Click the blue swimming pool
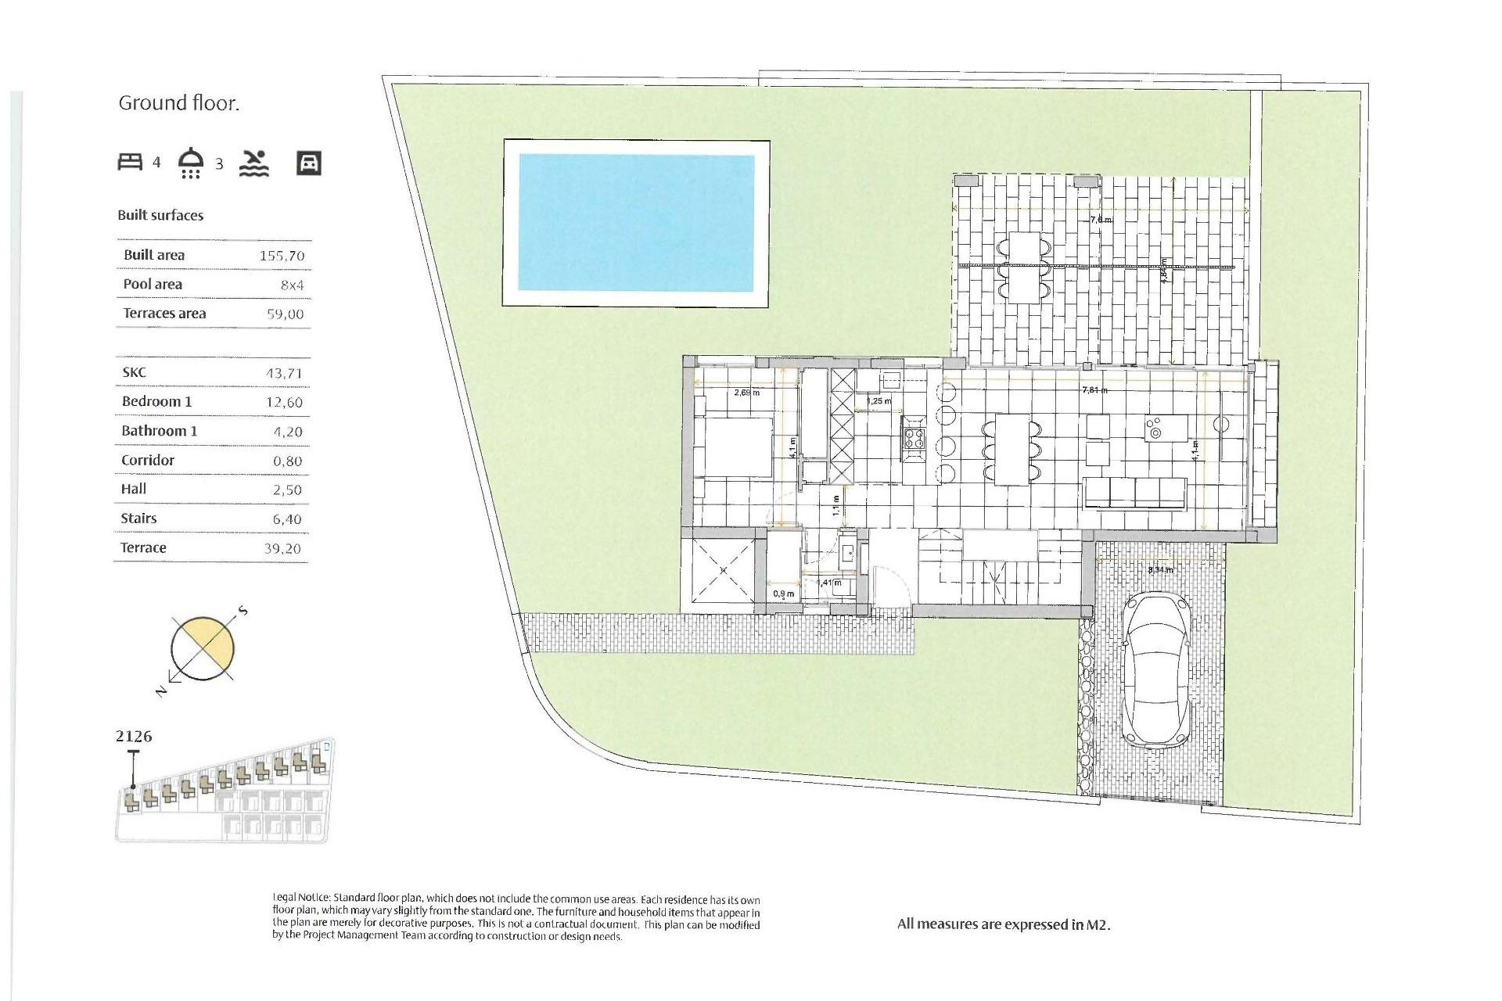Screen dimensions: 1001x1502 (636, 223)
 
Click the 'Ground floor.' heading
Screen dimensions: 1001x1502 (178, 103)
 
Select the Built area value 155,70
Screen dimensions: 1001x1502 (282, 256)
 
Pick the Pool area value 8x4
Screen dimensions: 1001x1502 (292, 285)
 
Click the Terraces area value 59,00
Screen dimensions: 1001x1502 (285, 314)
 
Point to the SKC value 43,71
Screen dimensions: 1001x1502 (283, 374)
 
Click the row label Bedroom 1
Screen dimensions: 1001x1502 (156, 401)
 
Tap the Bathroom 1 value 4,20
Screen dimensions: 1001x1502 (287, 432)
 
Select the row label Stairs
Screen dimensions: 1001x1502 (138, 518)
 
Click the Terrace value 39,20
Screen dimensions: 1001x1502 (282, 549)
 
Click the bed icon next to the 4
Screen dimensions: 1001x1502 (130, 162)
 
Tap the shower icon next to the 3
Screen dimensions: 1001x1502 (191, 163)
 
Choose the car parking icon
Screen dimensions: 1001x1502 (309, 163)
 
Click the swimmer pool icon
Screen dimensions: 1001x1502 (254, 163)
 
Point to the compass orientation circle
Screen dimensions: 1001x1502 (203, 648)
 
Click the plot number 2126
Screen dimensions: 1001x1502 (134, 737)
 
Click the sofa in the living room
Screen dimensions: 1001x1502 (1134, 493)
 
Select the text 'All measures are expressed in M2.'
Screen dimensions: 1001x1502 (1004, 924)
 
